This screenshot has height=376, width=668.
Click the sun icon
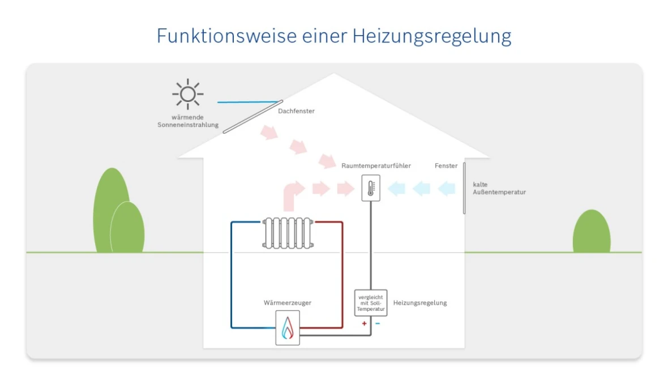[188, 93]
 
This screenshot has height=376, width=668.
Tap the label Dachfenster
[296, 111]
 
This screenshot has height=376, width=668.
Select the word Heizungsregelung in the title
[431, 36]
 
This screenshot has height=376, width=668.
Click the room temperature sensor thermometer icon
[371, 188]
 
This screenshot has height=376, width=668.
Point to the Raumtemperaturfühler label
[376, 166]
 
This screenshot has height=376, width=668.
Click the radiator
[287, 232]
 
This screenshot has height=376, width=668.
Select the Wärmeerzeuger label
[287, 303]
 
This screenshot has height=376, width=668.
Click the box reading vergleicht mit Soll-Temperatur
[371, 303]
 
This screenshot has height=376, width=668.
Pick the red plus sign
[364, 324]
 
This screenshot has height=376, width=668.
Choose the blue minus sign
[378, 324]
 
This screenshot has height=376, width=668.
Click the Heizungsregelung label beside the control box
[419, 303]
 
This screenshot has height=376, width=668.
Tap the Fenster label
[446, 166]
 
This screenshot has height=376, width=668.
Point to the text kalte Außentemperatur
[499, 189]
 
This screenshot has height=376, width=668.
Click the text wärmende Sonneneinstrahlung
[188, 121]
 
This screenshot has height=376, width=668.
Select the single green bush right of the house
[592, 232]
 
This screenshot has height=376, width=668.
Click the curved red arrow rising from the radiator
[292, 195]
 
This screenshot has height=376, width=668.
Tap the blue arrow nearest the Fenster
[447, 188]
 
